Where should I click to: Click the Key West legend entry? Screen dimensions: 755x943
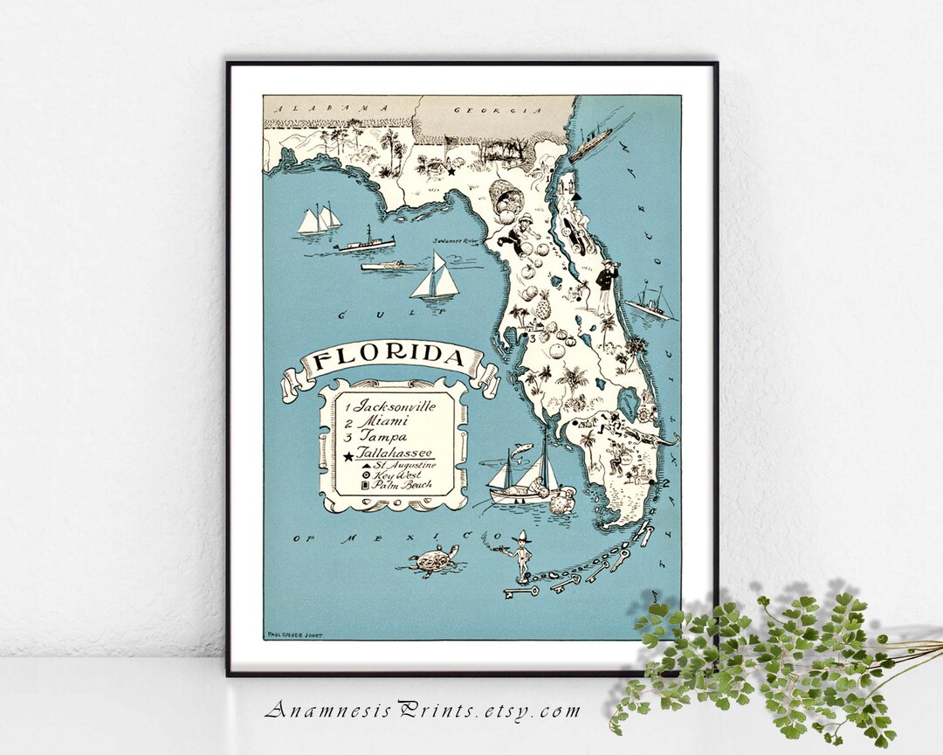396,474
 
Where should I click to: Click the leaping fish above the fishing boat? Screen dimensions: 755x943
521,447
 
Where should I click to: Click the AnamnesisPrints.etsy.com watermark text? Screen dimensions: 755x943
422,709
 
